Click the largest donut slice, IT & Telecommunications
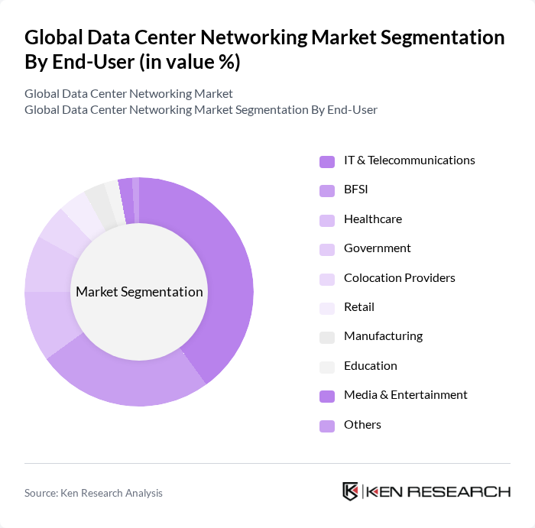coord(222,275)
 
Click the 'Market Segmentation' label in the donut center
coord(139,292)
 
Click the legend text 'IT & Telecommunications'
coord(409,160)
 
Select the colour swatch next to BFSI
coord(326,190)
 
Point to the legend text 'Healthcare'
coord(372,219)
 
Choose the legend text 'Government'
coord(377,248)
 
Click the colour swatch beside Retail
coord(326,308)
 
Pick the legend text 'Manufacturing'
coord(383,336)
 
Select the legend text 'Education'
coord(370,366)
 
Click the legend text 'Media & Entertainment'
coord(405,395)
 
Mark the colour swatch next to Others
coord(326,426)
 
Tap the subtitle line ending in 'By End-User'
coord(200,110)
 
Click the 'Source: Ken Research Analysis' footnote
coord(93,493)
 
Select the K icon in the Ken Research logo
coord(350,491)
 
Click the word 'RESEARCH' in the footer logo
coord(467,491)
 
